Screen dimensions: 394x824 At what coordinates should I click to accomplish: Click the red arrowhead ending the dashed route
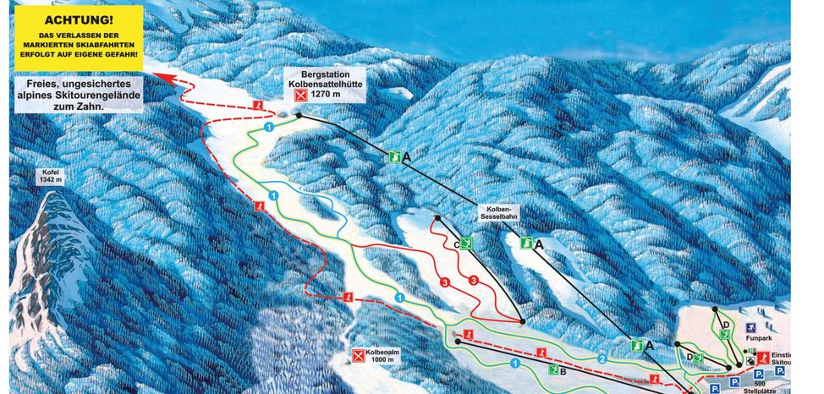(x=157, y=77)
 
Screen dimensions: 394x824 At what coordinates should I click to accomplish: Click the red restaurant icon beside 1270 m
(x=299, y=96)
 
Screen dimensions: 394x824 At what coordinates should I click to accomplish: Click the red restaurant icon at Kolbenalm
(x=360, y=356)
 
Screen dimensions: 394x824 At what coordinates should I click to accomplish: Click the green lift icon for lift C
(x=465, y=244)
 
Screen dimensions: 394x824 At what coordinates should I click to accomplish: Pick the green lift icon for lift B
(x=553, y=369)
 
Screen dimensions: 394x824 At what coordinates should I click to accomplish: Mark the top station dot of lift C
(x=437, y=218)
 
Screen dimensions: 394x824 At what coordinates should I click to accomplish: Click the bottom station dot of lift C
(x=522, y=321)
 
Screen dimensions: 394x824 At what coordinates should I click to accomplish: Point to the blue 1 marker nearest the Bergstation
(x=269, y=126)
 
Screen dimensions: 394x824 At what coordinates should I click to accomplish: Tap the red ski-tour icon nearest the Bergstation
(x=256, y=104)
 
